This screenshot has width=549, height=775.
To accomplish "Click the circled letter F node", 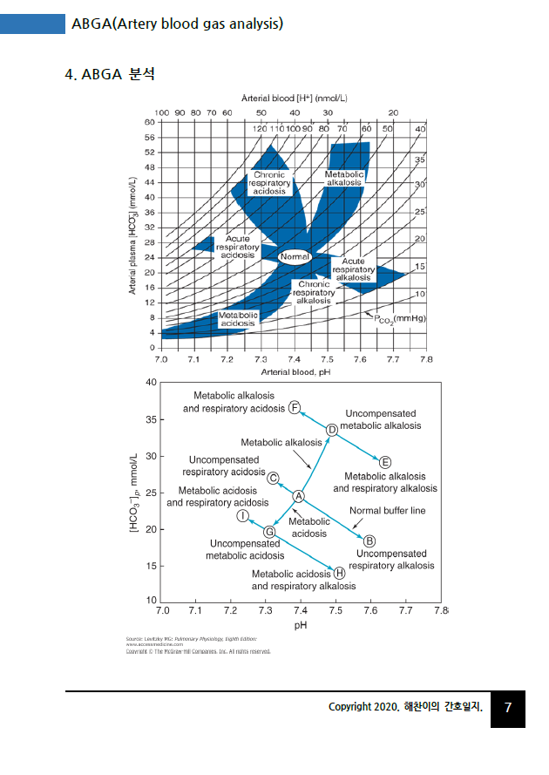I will click(x=295, y=408).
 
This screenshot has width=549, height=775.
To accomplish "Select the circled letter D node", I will click(x=332, y=430).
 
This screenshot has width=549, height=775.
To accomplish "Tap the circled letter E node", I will click(x=385, y=461).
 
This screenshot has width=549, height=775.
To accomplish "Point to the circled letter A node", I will click(x=298, y=496).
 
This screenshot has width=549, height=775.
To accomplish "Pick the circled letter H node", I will click(x=340, y=573).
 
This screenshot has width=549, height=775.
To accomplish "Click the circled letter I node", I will click(x=243, y=516).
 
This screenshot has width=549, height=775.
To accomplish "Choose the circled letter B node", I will click(x=369, y=540).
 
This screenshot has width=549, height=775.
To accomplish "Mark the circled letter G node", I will click(x=269, y=531).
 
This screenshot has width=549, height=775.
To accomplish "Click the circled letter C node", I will click(x=273, y=478).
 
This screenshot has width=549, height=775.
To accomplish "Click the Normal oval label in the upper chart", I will click(x=295, y=257).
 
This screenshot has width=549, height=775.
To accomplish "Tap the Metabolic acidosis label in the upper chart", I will click(x=237, y=319).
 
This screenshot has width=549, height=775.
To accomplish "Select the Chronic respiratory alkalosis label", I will click(x=314, y=292).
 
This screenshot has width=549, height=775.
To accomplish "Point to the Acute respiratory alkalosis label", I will click(x=353, y=269).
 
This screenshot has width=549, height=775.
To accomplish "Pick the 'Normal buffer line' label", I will click(x=387, y=511).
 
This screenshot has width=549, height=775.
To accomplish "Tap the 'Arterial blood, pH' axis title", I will click(x=294, y=371).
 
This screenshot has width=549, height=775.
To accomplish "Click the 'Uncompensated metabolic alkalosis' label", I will click(x=380, y=419).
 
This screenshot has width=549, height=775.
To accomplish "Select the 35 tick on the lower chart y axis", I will click(x=150, y=419).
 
